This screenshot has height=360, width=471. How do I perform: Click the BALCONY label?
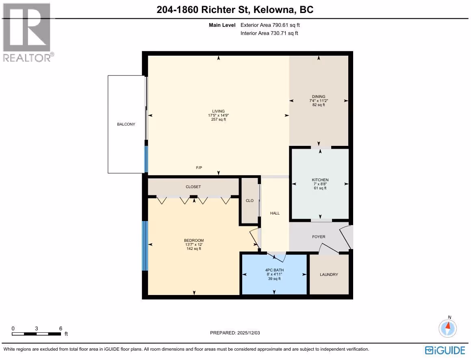point(126,124)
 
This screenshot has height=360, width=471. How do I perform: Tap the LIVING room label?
point(218,111)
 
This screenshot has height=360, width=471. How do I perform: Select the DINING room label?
point(319,97)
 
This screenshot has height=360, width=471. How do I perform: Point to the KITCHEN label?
point(320,180)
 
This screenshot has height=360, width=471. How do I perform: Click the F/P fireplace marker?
point(199,167)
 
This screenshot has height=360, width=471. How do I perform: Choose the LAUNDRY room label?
point(329,274)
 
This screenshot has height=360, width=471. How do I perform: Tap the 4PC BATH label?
point(274,270)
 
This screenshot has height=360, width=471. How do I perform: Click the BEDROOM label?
point(194,240)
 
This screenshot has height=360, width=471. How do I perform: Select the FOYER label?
point(319,236)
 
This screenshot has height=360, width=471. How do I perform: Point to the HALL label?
point(275,213)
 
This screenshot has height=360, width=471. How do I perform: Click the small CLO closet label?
point(250,201)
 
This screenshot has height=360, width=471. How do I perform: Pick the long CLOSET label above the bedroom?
point(193,187)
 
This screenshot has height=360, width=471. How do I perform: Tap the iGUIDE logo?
point(445,350)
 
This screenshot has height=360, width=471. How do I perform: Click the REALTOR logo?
point(28,33)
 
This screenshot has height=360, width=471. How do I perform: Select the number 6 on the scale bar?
point(61,328)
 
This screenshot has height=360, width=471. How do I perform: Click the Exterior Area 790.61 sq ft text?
point(270,25)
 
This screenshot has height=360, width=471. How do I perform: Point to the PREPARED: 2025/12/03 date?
point(235,333)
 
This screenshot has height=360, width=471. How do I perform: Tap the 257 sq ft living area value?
point(218,119)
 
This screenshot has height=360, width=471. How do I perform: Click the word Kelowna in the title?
point(273,10)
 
